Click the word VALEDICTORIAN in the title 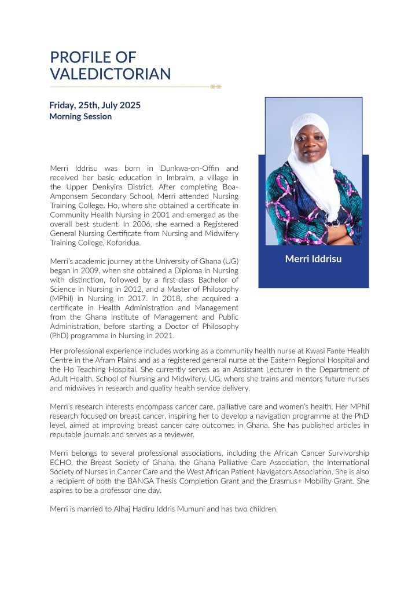pyautogui.click(x=111, y=74)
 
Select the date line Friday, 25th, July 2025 pyautogui.click(x=95, y=105)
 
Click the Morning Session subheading pyautogui.click(x=80, y=116)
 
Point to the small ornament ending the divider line pyautogui.click(x=216, y=87)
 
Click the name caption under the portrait pyautogui.click(x=313, y=259)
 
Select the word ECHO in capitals pyautogui.click(x=62, y=462)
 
